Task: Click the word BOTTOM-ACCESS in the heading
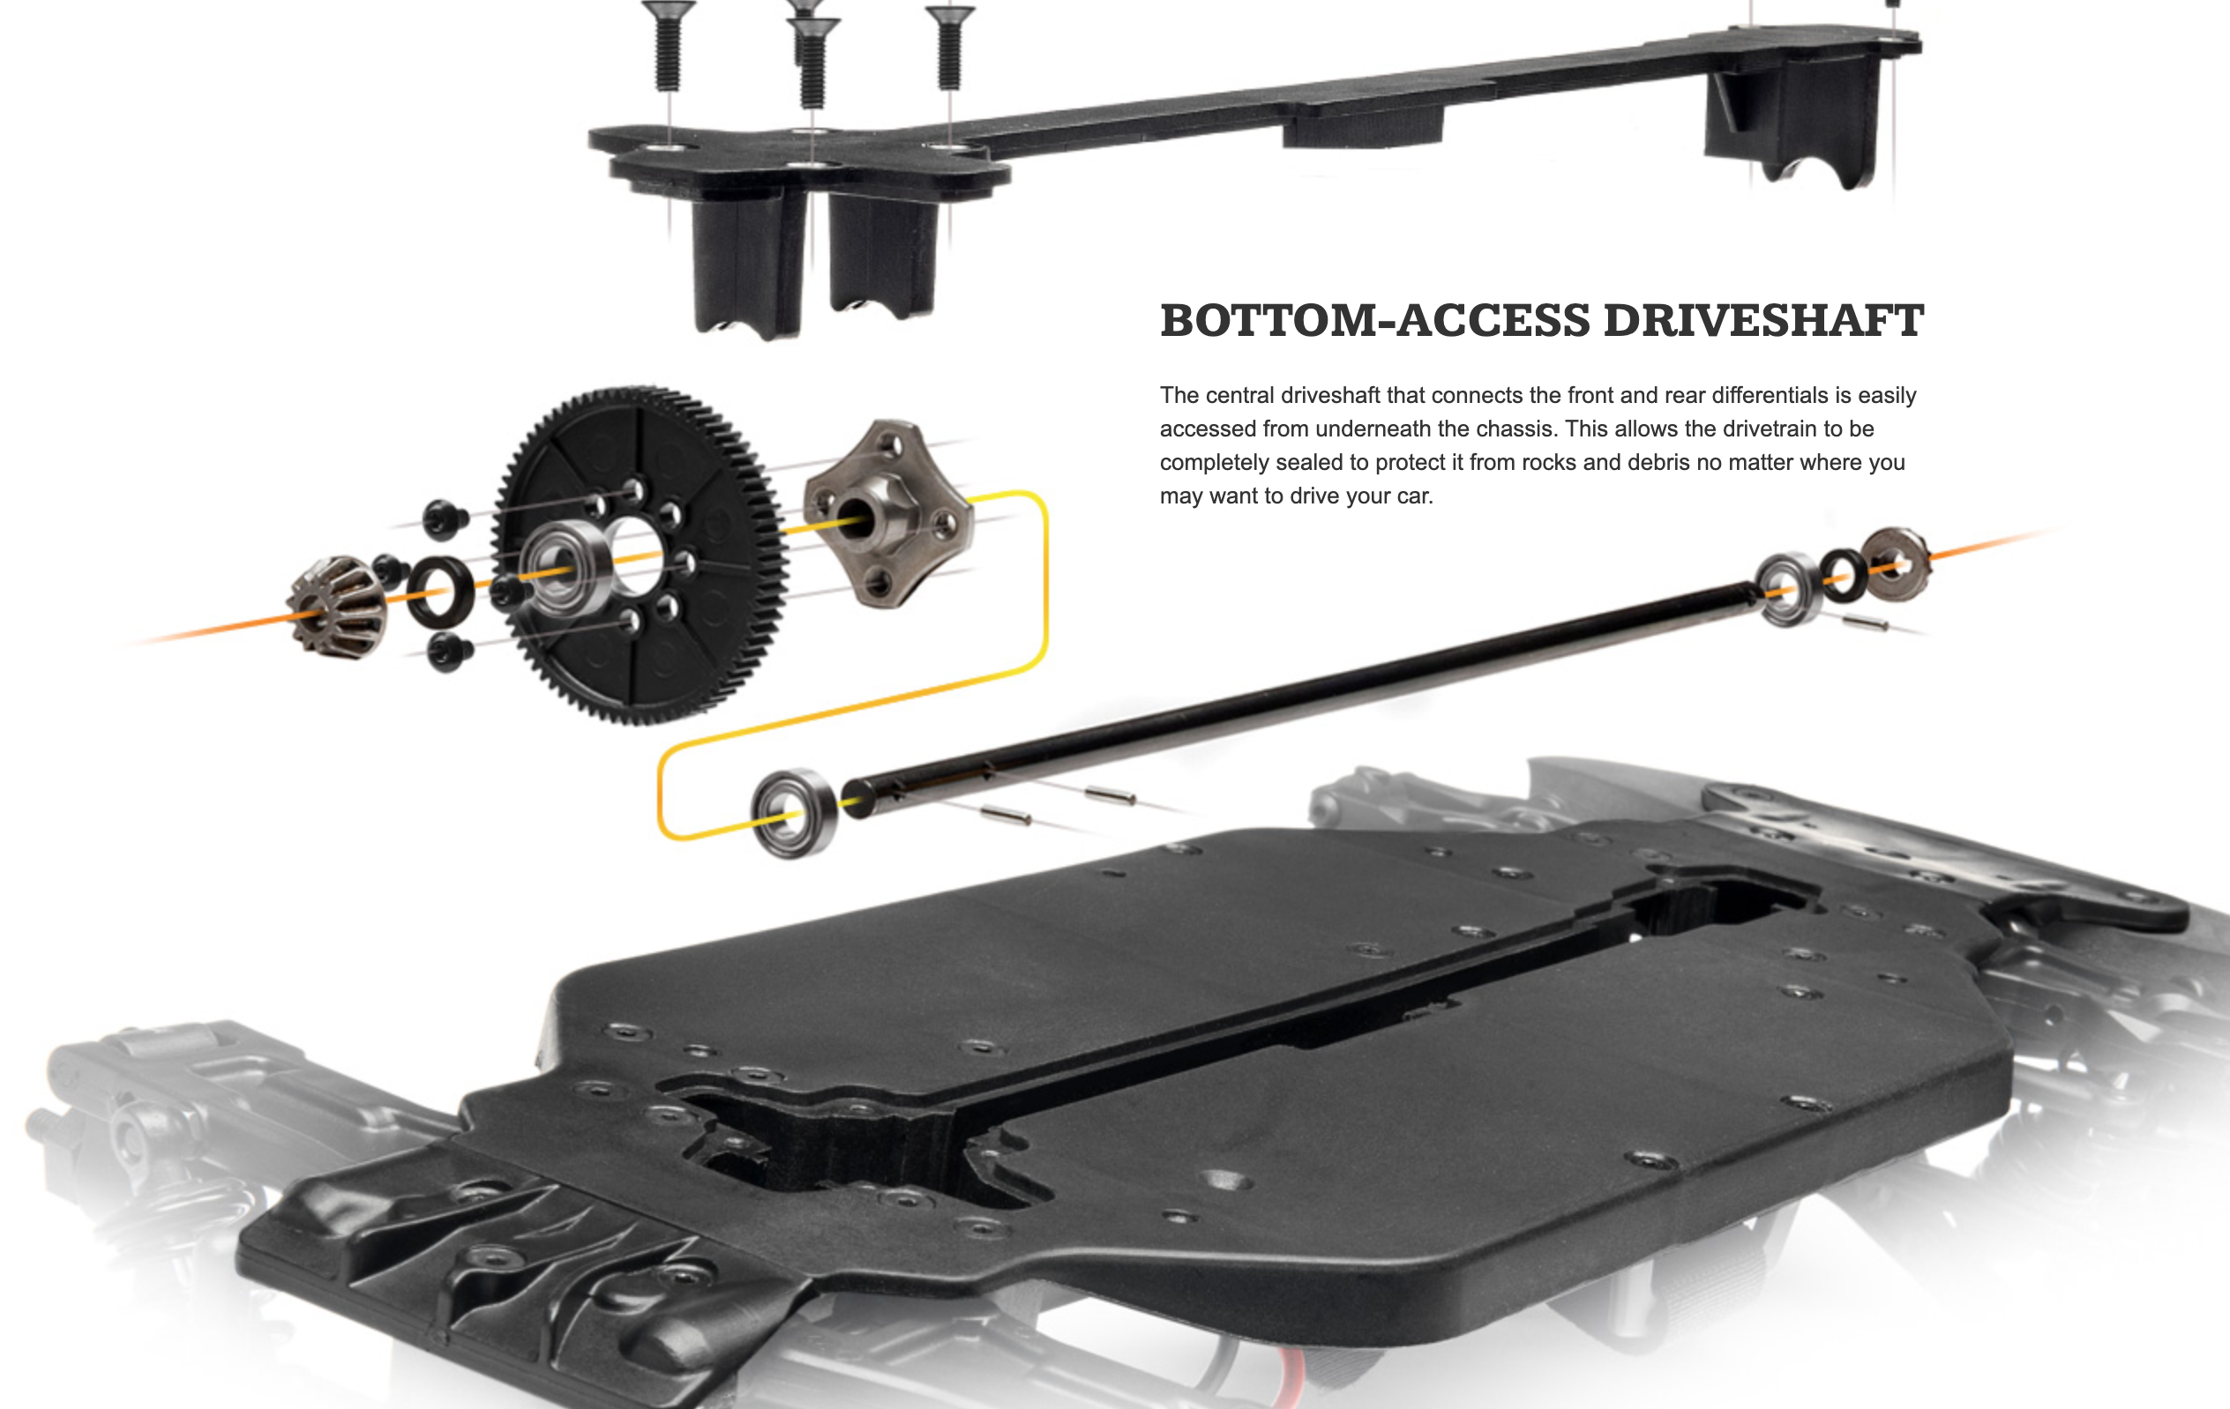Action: [1374, 321]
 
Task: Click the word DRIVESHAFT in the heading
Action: [1763, 321]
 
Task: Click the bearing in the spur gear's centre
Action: [565, 567]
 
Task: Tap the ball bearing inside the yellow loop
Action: [793, 814]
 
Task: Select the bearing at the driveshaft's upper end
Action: [1788, 589]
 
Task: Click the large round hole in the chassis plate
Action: [1226, 1181]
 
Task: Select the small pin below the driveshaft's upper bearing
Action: [1865, 625]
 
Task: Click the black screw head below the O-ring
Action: [449, 652]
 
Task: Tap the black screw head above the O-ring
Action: [445, 518]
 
